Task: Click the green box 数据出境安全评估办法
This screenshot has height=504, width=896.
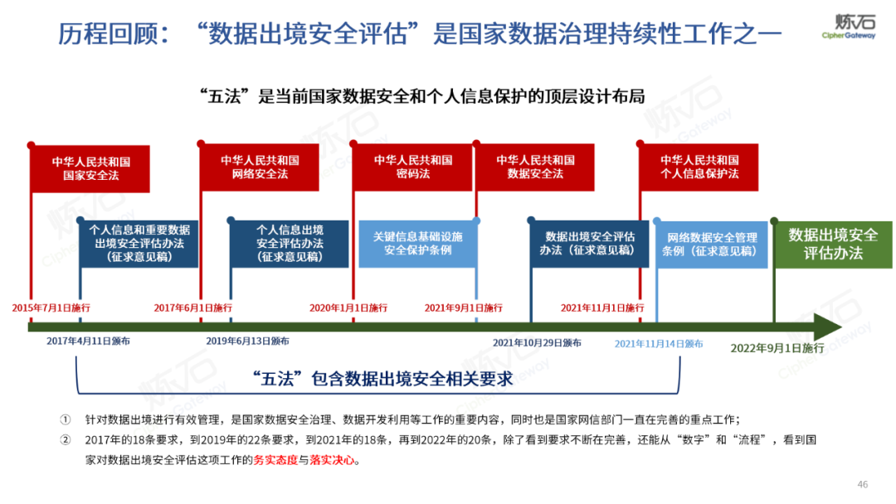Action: click(832, 243)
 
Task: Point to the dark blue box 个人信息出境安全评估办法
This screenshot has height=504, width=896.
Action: click(290, 244)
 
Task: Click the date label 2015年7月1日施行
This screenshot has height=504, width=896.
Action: click(51, 308)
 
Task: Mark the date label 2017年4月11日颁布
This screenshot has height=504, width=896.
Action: click(88, 341)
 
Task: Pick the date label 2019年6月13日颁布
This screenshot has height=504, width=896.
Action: click(247, 341)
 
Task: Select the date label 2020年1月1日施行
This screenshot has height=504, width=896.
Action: click(348, 308)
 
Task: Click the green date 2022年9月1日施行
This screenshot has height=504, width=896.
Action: click(777, 348)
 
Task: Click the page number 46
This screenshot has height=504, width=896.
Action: click(862, 484)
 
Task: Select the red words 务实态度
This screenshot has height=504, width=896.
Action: click(275, 460)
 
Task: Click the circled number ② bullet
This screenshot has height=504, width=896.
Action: click(66, 439)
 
